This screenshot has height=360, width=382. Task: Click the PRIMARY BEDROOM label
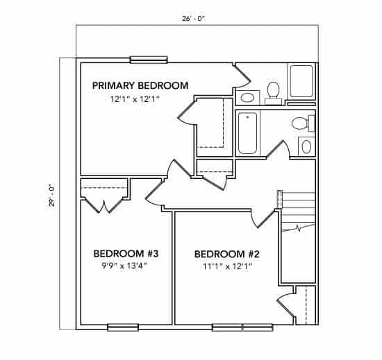[140, 85]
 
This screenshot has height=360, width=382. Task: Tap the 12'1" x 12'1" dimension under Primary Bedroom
[135, 99]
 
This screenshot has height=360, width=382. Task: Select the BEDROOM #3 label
[126, 254]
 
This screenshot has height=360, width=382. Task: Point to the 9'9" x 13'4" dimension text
[124, 266]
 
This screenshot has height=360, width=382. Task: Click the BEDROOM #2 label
[227, 254]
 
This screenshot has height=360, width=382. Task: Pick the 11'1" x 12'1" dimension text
[227, 266]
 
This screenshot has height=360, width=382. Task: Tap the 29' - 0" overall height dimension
[52, 195]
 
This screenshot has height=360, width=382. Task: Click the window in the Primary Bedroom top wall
[149, 60]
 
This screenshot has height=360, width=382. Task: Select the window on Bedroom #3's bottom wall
[123, 327]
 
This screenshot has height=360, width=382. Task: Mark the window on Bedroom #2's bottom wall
[242, 327]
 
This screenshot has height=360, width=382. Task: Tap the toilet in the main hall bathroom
[304, 123]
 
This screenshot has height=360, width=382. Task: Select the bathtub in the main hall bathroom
[247, 133]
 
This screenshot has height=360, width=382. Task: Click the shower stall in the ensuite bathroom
[301, 81]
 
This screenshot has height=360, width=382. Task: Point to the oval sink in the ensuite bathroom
[248, 98]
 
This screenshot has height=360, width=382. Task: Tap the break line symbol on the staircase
[299, 228]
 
